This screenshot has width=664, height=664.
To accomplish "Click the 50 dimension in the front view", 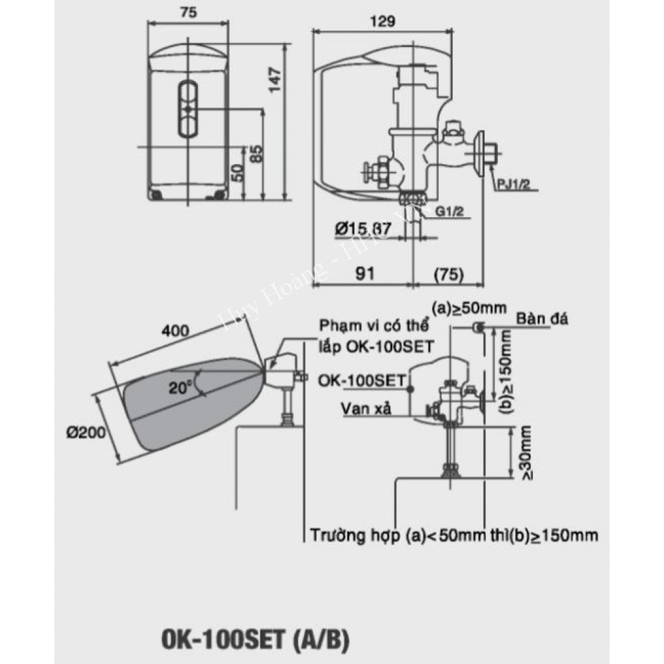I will pyautogui.click(x=238, y=172).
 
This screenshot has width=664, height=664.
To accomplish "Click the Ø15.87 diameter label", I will pyautogui.click(x=363, y=229).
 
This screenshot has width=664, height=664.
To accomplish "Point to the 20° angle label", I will pyautogui.click(x=178, y=389).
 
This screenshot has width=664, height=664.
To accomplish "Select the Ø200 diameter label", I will pyautogui.click(x=86, y=432).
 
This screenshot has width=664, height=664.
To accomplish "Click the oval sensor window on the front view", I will pyautogui.click(x=189, y=108).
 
